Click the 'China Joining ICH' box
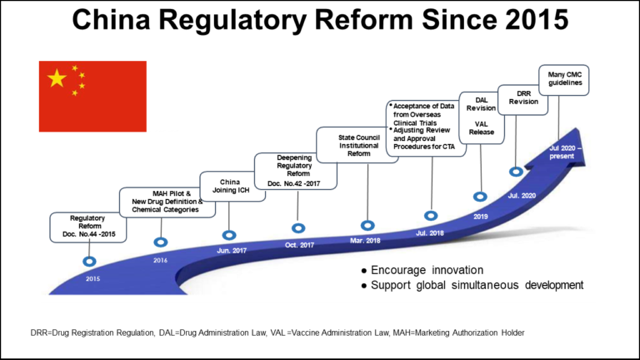tap(229, 187)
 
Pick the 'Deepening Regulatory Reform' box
tap(297, 170)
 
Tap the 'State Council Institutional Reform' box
tap(360, 142)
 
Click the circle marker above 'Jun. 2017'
tap(229, 235)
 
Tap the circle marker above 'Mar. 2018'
tap(367, 225)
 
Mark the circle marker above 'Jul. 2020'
tap(517, 171)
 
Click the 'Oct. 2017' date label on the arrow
tap(298, 245)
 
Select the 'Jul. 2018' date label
tap(430, 232)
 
